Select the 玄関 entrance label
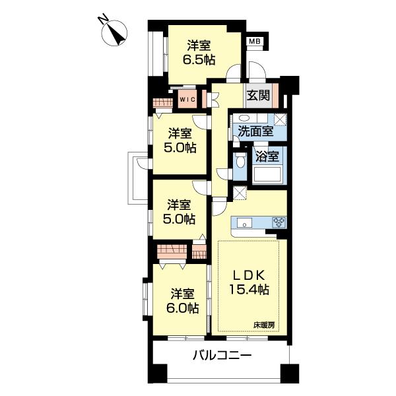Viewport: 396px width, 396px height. pos(259,95)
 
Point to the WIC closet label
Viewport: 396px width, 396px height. pos(187,100)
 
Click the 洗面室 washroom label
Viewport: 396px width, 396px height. pos(255,131)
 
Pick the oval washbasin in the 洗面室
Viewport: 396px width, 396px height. pos(244,119)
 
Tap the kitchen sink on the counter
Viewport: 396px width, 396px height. pos(242,222)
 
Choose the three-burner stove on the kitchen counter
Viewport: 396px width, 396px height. pos(278,222)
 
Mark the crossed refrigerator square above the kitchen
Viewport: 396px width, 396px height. pos(238,194)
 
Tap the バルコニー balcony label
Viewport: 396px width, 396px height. pos(222,357)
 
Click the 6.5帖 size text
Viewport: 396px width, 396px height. pos(199,59)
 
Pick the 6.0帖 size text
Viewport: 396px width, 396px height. pos(183,307)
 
